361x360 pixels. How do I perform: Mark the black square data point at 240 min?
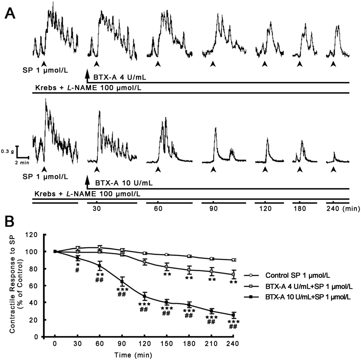(x=233, y=315)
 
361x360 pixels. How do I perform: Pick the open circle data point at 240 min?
(x=233, y=260)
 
